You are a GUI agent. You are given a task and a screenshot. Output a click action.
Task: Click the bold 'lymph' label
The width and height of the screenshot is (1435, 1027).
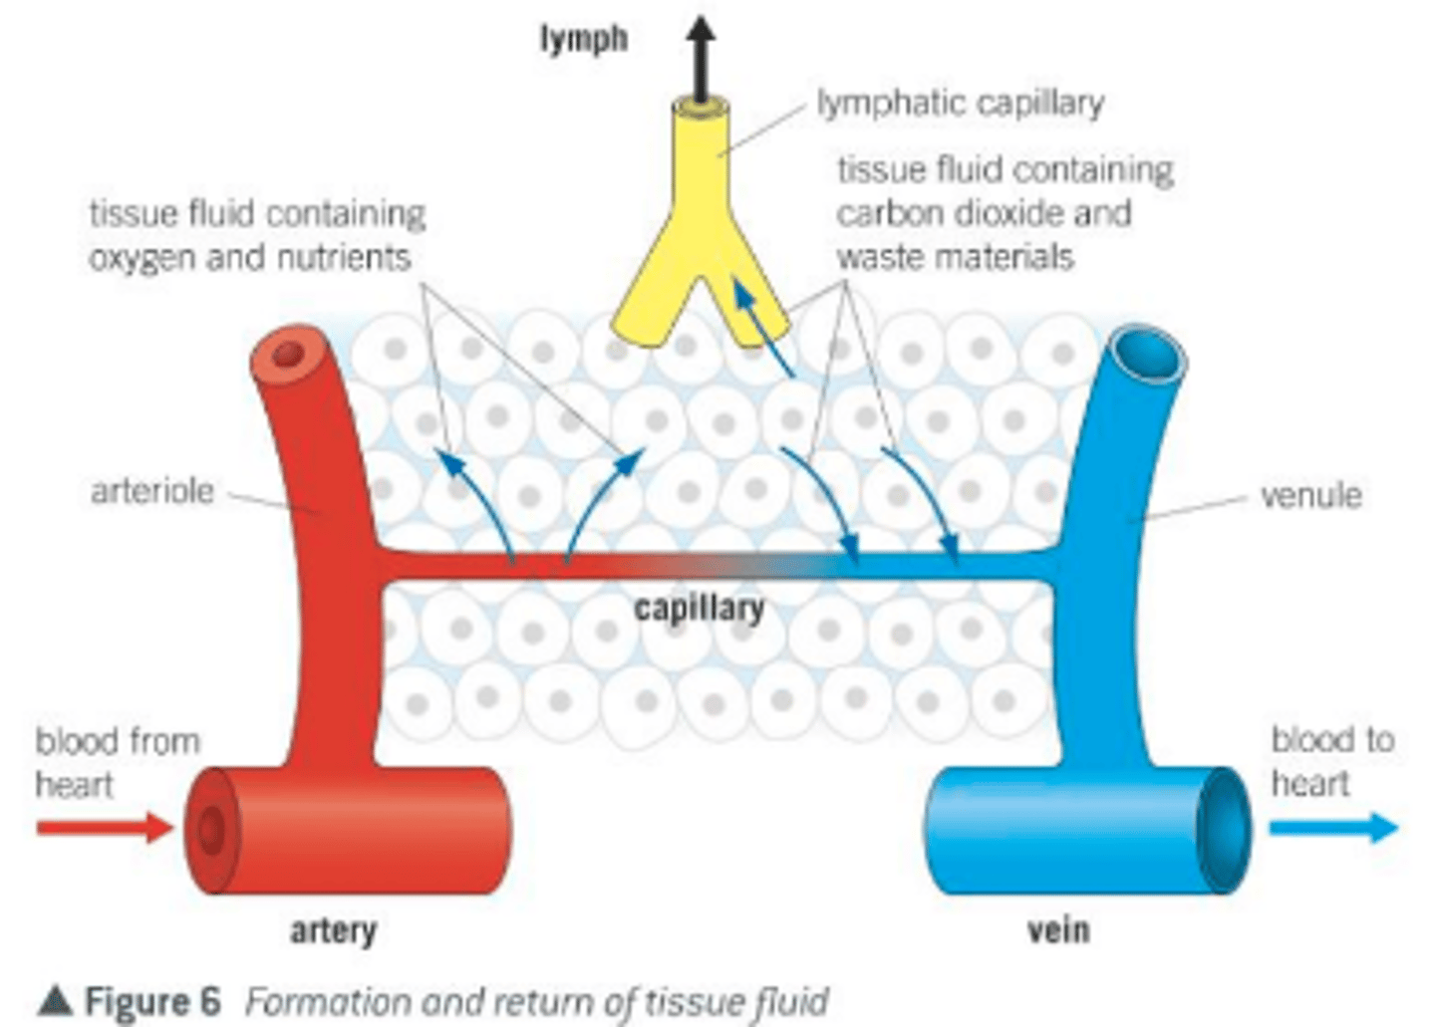[x=584, y=40]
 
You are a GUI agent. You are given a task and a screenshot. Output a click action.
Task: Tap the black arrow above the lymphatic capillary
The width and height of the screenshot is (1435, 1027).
[x=702, y=55]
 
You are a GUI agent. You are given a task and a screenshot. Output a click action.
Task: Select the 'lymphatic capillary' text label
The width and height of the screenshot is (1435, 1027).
[x=961, y=104]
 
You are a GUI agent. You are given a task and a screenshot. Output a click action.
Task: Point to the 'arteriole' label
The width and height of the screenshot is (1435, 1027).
[x=152, y=491]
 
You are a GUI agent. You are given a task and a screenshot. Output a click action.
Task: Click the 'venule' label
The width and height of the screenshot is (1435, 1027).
[x=1310, y=495]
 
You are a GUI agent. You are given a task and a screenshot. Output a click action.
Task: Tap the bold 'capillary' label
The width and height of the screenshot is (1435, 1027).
[x=700, y=608]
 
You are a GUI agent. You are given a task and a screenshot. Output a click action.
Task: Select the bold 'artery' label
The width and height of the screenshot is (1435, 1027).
[x=333, y=930]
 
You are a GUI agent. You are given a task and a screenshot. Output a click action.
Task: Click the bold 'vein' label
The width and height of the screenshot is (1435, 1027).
[x=1058, y=930]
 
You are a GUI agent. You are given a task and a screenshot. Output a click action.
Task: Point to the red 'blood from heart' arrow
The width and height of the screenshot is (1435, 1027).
[x=105, y=827]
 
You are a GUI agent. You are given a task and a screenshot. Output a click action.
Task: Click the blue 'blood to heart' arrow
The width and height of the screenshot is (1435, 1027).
[x=1333, y=827]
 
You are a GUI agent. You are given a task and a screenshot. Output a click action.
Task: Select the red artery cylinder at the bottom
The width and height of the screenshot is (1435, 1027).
[x=349, y=830]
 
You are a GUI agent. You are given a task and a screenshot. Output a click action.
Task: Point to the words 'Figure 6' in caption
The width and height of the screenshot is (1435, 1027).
[x=152, y=1001]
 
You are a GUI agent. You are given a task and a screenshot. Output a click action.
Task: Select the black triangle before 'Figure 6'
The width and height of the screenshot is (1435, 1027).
[x=55, y=1001]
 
